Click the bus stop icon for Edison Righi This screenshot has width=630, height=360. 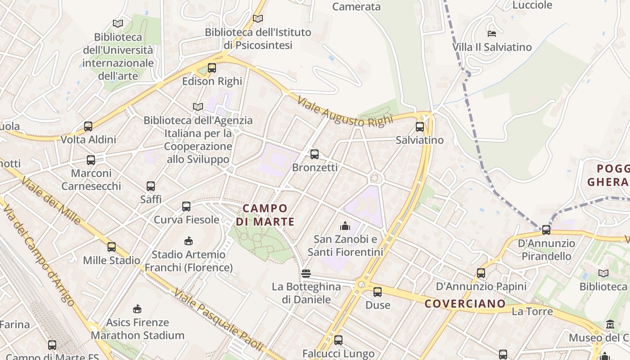tap(212, 68)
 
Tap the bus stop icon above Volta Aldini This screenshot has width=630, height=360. tap(88, 126)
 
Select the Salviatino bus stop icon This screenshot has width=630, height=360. tap(420, 127)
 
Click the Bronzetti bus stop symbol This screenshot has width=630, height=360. tap(315, 154)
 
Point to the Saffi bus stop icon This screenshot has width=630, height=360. tap(151, 186)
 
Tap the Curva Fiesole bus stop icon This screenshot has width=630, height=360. tap(186, 207)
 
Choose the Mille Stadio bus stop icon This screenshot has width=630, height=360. tap(112, 247)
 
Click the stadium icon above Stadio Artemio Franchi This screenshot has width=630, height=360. tap(189, 241)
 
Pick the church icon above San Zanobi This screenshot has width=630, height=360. tap(345, 225)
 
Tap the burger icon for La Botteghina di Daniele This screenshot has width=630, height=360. tap(306, 273)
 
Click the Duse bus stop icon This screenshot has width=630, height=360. tap(378, 292)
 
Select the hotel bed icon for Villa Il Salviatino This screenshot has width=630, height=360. tap(492, 34)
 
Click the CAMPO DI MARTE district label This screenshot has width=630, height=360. tap(265, 215)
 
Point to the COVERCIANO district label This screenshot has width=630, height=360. tap(465, 303)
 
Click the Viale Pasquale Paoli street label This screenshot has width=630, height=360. tap(219, 320)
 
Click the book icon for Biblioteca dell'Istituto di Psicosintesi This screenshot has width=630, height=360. tap(258, 19)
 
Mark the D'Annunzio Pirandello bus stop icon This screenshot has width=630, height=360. tap(546, 230)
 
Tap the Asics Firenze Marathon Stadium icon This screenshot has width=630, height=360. tap(137, 309)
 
